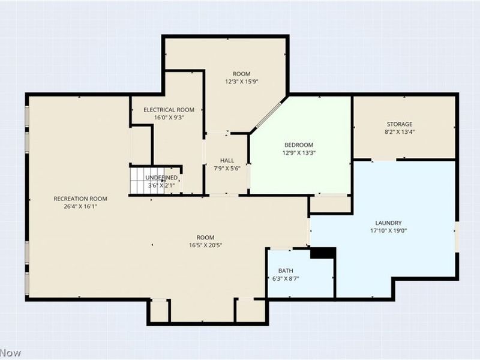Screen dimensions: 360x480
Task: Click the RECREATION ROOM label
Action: click(x=80, y=199)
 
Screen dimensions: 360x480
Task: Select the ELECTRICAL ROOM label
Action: click(x=169, y=110)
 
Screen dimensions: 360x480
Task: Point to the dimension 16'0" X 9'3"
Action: click(x=169, y=118)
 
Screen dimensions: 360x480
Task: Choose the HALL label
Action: click(x=227, y=160)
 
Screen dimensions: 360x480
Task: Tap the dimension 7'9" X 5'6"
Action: click(x=227, y=168)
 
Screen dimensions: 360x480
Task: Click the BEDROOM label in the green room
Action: click(x=298, y=145)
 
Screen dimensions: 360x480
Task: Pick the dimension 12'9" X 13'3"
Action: click(x=298, y=152)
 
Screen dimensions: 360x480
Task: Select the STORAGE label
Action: click(x=399, y=124)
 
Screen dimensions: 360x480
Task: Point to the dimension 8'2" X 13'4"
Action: click(x=399, y=132)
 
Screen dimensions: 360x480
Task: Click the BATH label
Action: click(x=285, y=271)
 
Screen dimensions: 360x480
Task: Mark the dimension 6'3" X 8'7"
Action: click(x=285, y=278)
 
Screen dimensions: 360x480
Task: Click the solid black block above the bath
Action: click(x=322, y=253)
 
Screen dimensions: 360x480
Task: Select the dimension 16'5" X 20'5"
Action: click(x=205, y=245)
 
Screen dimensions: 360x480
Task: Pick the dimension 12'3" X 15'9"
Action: click(x=242, y=81)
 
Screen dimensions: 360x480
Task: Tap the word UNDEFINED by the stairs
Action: click(x=161, y=178)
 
